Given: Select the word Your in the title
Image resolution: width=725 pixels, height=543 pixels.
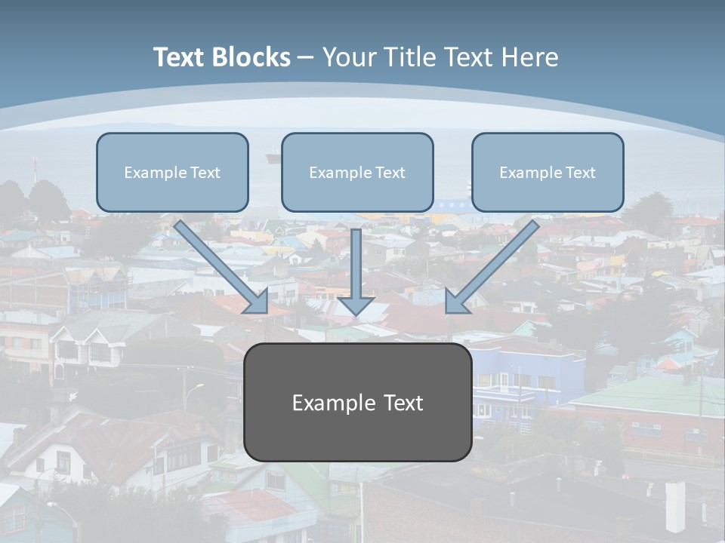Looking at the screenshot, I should point(348,57).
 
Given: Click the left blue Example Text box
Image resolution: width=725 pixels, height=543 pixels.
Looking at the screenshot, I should point(172,172).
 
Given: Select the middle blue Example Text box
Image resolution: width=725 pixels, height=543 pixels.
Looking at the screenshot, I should point(357,172).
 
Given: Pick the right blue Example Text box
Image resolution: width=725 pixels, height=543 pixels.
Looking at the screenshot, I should point(548,172).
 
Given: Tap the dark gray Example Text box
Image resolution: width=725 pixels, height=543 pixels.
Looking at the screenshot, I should point(357,402).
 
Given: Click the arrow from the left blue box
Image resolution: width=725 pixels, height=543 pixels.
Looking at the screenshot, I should point(219,264).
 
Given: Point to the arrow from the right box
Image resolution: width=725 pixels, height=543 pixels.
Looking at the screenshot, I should point(495,264).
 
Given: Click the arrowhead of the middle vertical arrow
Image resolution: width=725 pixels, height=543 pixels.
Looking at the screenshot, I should point(356,305).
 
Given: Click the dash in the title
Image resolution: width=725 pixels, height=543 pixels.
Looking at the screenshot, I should point(307,57).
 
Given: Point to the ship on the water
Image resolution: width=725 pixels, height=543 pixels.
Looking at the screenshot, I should point(273,158).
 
